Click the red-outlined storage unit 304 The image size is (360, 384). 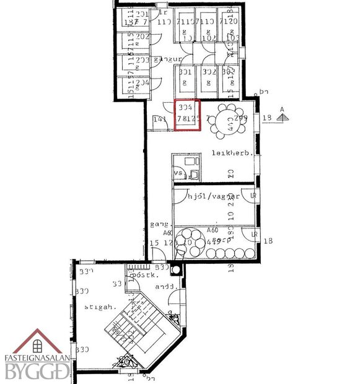click(x=188, y=115)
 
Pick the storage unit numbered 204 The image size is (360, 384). click(x=142, y=82)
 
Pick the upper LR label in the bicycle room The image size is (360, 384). click(x=253, y=195)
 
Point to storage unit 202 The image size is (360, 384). click(x=142, y=37)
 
